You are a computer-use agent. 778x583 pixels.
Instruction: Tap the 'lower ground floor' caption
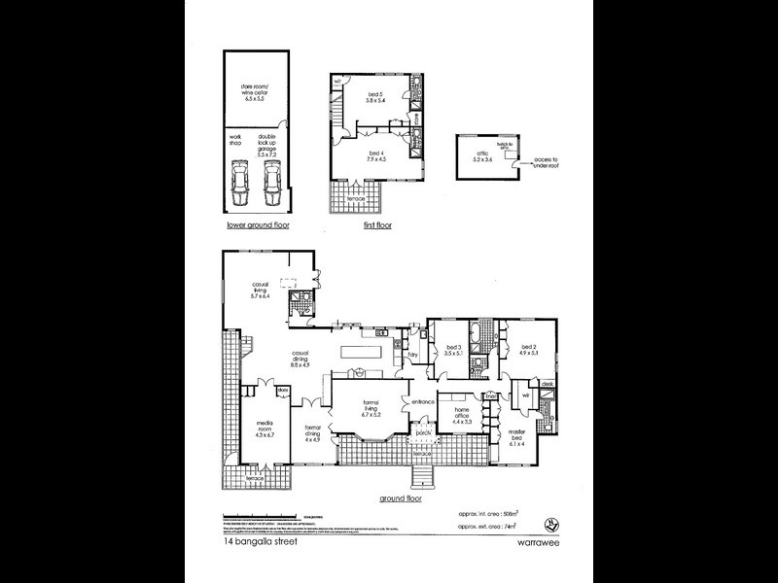[258, 224]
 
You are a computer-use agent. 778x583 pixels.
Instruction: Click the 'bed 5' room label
[375, 97]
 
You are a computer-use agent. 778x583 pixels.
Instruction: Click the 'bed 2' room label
[529, 351]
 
